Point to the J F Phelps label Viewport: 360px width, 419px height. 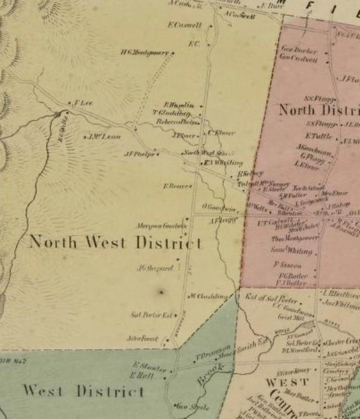click(138, 154)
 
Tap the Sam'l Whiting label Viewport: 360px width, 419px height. click(291, 250)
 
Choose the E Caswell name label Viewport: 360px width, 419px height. click(184, 25)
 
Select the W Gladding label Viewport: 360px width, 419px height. click(209, 296)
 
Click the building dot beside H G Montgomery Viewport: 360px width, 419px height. click(173, 53)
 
